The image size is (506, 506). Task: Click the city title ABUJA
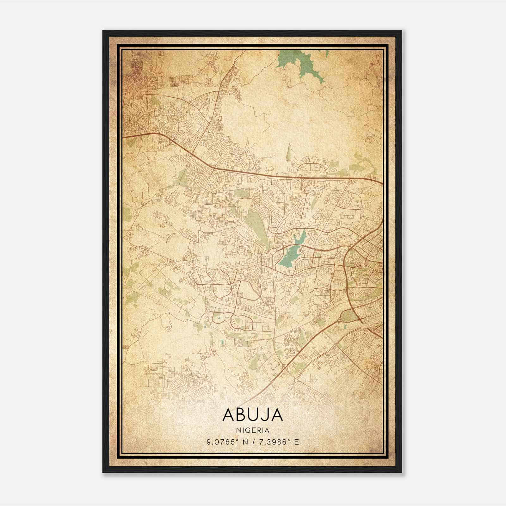(x=253, y=415)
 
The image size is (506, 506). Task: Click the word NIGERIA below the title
(x=253, y=430)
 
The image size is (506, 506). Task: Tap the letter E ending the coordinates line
(x=296, y=442)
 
